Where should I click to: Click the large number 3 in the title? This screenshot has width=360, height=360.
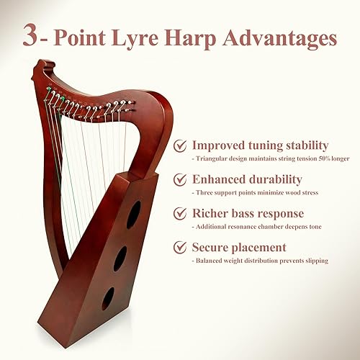coord(32,35)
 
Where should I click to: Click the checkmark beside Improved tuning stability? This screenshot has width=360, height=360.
coord(180,146)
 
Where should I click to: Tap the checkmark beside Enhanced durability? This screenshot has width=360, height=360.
coord(180,180)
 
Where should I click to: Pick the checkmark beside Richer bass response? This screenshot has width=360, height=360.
coord(180,215)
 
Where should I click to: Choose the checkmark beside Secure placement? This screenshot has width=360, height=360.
coord(180,248)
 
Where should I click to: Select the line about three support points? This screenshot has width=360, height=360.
coord(254,192)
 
